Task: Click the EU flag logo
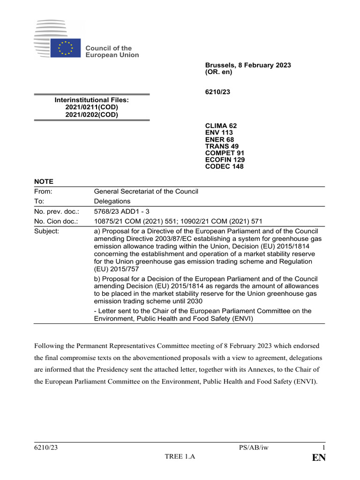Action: pyautogui.click(x=66, y=48)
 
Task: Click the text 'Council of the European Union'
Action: pyautogui.click(x=112, y=52)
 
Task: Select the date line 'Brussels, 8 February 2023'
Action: pyautogui.click(x=248, y=65)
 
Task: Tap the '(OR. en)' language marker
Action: pyautogui.click(x=218, y=72)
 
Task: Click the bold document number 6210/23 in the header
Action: pyautogui.click(x=217, y=92)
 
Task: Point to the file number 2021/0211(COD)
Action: pyautogui.click(x=92, y=107)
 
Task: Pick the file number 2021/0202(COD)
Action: pyautogui.click(x=92, y=115)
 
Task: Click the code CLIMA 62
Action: pyautogui.click(x=221, y=126)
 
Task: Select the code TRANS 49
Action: pyautogui.click(x=222, y=146)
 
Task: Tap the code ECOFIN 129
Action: pyautogui.click(x=225, y=160)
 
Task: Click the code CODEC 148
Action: pyautogui.click(x=224, y=166)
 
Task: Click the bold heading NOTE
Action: pyautogui.click(x=44, y=181)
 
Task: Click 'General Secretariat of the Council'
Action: pyautogui.click(x=146, y=191)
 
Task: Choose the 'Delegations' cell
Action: pyautogui.click(x=112, y=201)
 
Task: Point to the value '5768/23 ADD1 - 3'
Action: pyautogui.click(x=122, y=211)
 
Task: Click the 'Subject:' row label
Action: pyautogui.click(x=46, y=231)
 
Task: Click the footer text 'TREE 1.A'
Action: pyautogui.click(x=180, y=457)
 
